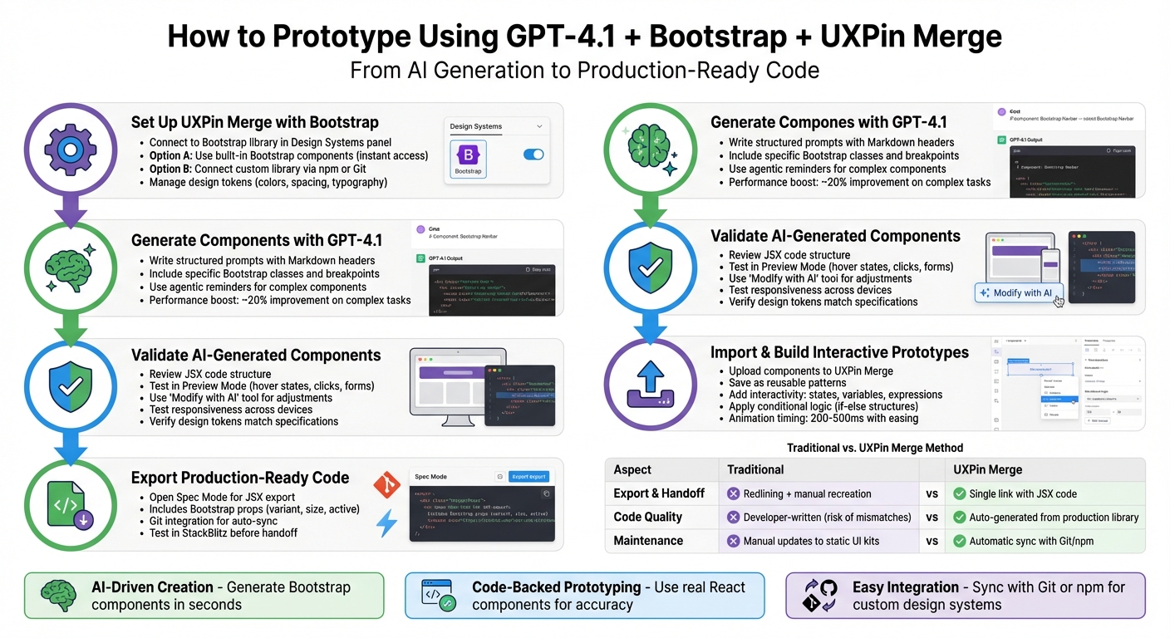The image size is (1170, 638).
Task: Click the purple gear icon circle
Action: point(70,150)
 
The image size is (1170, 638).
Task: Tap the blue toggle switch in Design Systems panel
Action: point(533,155)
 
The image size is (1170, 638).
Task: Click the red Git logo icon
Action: point(386,484)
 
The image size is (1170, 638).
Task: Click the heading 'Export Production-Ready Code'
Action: point(240,478)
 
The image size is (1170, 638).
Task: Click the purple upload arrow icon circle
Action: point(650,384)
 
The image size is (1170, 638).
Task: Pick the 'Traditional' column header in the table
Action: point(755,469)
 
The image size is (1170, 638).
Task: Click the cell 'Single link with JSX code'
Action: point(1022,493)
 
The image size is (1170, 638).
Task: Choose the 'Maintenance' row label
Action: point(648,541)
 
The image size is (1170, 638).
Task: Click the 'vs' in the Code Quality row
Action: point(932,517)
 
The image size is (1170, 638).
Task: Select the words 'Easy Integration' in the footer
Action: point(904,587)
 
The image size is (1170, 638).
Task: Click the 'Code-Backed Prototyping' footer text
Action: point(556,587)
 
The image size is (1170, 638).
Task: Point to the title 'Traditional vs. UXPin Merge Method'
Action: point(875,448)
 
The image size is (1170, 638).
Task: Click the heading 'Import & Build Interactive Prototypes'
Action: point(839,352)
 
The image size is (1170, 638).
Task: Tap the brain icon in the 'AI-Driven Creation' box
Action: point(58,595)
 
